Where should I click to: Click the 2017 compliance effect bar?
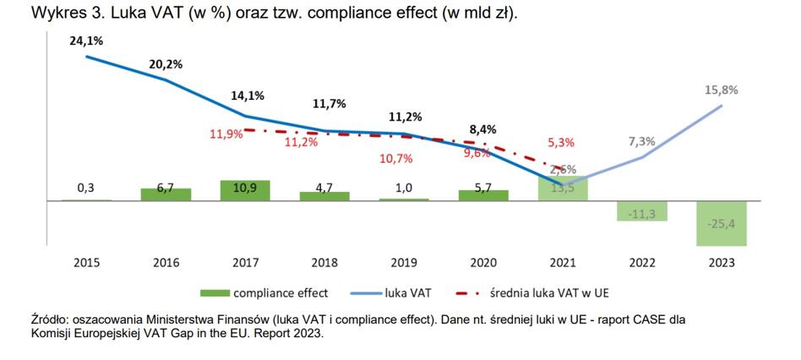(245, 190)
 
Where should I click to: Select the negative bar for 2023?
(721, 223)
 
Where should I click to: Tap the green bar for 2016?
(166, 194)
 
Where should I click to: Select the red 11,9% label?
(226, 134)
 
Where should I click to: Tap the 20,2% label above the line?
(166, 63)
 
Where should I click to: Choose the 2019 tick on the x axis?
(404, 263)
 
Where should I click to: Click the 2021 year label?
(563, 263)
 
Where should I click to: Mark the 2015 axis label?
(86, 263)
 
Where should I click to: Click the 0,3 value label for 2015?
(86, 188)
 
